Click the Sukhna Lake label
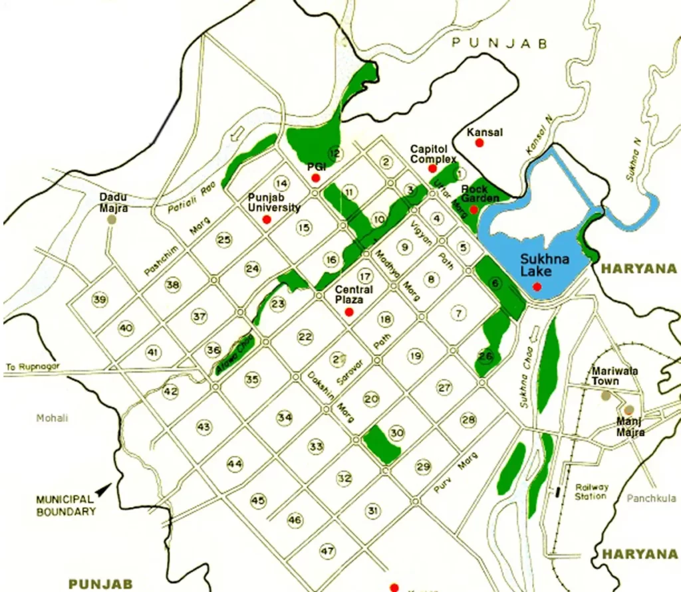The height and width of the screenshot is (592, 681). [x=545, y=265]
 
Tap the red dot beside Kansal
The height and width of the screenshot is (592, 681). [x=479, y=143]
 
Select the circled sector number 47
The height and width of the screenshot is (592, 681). [x=327, y=551]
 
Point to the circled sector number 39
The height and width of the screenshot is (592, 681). [x=100, y=300]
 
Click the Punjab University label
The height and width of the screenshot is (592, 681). [x=274, y=203]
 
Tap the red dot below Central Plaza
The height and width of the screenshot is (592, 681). [x=349, y=312]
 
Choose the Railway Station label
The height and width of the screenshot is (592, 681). [x=591, y=492]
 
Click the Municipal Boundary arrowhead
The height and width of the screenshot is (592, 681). [x=102, y=490]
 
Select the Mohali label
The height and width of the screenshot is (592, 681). [x=53, y=418]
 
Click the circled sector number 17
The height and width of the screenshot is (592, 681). [x=364, y=276]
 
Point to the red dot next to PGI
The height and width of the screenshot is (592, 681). [x=316, y=178]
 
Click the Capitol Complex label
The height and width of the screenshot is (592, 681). [x=433, y=154]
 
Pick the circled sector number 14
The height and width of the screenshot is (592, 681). [x=283, y=183]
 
